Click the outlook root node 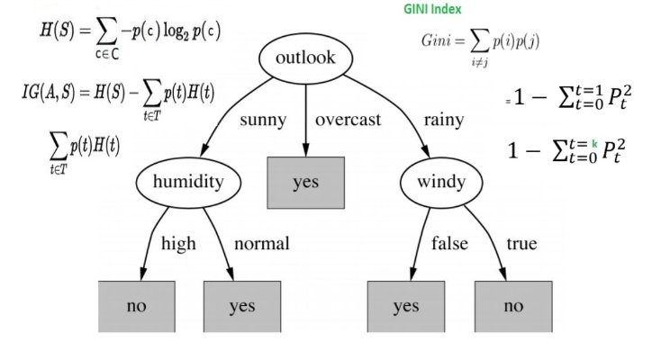(x=305, y=58)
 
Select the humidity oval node (x=186, y=181)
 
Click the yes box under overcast (x=305, y=183)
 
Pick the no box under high (x=136, y=306)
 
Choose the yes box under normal (x=241, y=306)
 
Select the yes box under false (x=405, y=306)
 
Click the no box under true (x=512, y=306)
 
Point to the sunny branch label (x=263, y=120)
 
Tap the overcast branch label (x=348, y=120)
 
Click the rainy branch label (x=443, y=120)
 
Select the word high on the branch (x=177, y=243)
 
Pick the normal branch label (x=262, y=243)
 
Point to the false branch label (x=450, y=243)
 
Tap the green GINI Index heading (x=431, y=10)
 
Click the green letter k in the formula (x=594, y=143)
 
